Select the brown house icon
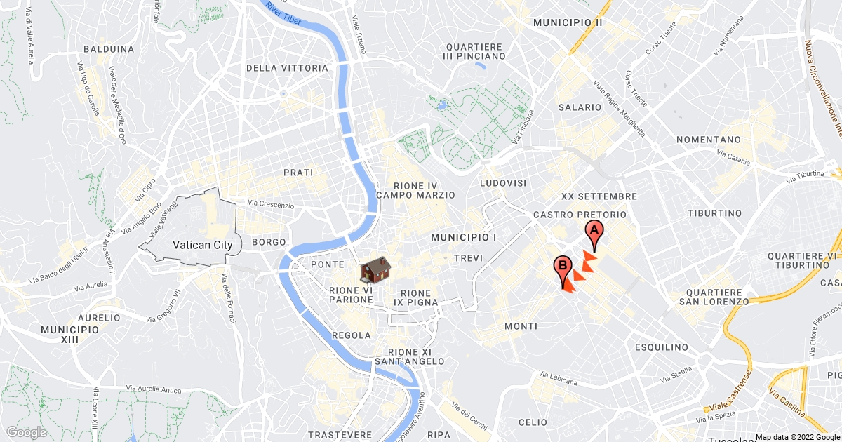point(375,270)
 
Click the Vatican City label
point(202,246)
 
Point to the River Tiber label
point(284,14)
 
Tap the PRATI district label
point(298,172)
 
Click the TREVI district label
point(468,258)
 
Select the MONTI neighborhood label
point(521,326)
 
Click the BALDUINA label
point(108,49)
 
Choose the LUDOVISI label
point(503,182)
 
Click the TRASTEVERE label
point(340,435)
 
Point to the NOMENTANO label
point(709,140)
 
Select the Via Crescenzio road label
point(270,204)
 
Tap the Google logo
point(26,432)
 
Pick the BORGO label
point(269,242)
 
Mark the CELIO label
point(533,422)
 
